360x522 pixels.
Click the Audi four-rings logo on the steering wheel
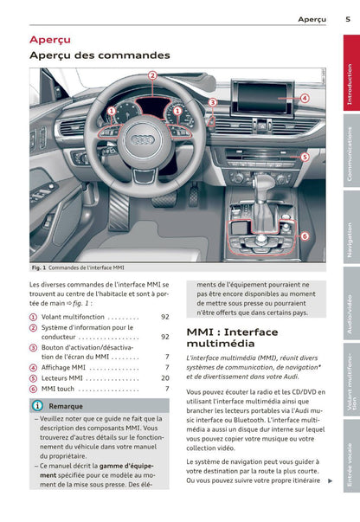pos(142,140)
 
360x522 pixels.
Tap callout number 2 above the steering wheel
pos(152,75)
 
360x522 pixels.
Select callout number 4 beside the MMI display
pos(305,98)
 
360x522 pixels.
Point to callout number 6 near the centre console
pos(305,236)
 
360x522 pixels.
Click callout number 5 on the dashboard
pos(305,157)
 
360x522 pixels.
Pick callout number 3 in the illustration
pos(213,102)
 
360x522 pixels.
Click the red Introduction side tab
pos(351,73)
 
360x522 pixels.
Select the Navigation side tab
pos(351,229)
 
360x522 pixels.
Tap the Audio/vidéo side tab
pos(351,304)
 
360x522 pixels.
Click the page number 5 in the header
pos(348,19)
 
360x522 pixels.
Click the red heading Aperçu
pos(50,40)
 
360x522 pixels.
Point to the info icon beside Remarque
pos(37,405)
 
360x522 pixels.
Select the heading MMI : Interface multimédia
pos(232,338)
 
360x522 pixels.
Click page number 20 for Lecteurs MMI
pos(165,377)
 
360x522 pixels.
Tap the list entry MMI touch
pos(58,389)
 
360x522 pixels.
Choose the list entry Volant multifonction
pos(73,317)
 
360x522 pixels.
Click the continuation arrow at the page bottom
pos(330,480)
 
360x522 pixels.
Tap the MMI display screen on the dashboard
pos(262,98)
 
